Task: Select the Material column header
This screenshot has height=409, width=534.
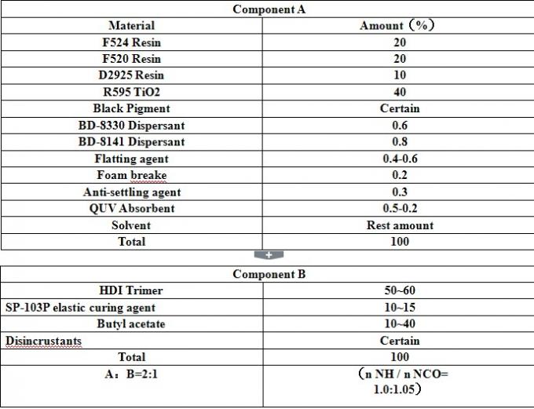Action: (131, 26)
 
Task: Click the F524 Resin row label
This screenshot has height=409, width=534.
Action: (131, 42)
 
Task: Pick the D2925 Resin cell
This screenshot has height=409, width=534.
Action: (131, 75)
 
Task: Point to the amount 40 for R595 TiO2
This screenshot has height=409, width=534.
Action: (399, 92)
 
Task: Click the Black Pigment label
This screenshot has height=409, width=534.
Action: (131, 108)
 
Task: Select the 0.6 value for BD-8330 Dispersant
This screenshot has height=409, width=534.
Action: (399, 125)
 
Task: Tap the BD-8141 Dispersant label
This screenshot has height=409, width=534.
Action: (131, 142)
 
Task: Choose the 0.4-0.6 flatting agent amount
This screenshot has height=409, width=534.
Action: (399, 159)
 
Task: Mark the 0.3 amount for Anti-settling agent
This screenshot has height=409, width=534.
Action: (399, 192)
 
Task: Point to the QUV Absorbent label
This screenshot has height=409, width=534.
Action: (131, 208)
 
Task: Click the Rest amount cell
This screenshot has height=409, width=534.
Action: (399, 225)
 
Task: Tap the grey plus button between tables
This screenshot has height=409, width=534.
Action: (268, 254)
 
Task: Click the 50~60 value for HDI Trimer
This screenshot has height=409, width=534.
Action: (399, 290)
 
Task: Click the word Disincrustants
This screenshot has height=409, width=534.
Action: (44, 341)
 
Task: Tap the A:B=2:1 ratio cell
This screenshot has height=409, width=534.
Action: (131, 374)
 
